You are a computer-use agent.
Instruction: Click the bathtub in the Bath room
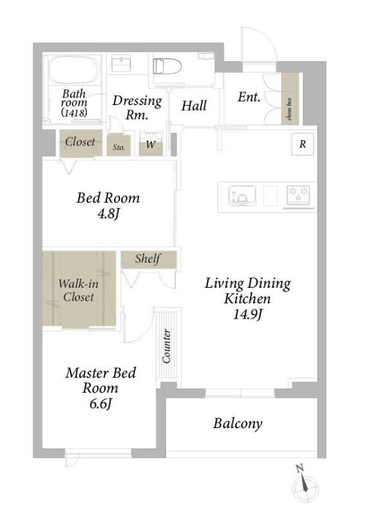[74, 70]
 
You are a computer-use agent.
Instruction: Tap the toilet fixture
[167, 67]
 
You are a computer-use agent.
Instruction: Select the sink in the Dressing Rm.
[122, 63]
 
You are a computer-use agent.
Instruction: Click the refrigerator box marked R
[303, 144]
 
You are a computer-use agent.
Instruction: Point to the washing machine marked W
[151, 144]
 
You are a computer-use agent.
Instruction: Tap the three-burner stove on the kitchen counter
[298, 195]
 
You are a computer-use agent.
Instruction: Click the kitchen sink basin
[243, 196]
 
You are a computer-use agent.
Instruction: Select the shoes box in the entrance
[290, 99]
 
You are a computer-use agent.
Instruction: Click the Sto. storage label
[118, 147]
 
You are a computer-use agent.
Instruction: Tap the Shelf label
[148, 259]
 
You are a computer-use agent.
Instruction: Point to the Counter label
[167, 346]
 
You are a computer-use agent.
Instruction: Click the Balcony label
[238, 424]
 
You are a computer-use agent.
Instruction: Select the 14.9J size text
[247, 314]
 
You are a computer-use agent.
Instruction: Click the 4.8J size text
[108, 214]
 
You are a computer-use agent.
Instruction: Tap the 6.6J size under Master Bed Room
[100, 404]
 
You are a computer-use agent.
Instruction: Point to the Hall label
[194, 106]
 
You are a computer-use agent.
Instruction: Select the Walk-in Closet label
[78, 290]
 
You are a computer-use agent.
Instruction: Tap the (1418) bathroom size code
[74, 113]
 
